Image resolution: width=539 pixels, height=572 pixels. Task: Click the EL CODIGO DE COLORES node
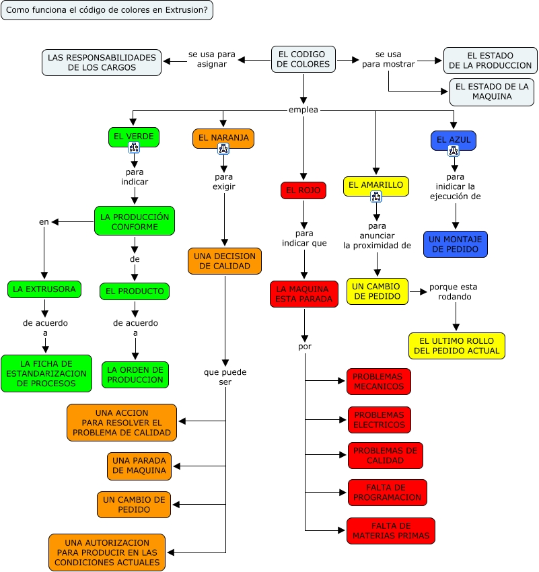point(303,59)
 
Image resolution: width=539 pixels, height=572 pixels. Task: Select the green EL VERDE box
point(134,137)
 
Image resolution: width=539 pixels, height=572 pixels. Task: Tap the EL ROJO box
point(303,190)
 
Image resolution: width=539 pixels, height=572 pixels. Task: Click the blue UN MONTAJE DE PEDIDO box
point(456,244)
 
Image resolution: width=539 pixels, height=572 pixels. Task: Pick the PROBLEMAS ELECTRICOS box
point(380,420)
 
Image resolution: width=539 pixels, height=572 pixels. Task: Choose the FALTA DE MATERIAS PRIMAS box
point(391,531)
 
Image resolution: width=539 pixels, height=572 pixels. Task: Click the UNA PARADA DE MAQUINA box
point(139,466)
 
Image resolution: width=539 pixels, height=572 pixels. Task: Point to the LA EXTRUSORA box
point(44,289)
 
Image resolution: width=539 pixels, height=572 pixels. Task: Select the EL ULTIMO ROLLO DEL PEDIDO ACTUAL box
point(457,346)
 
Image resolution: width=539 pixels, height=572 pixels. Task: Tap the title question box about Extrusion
point(107,10)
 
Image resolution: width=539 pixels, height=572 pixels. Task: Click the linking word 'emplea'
point(303,110)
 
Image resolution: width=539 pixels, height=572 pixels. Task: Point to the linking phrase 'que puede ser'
point(225,377)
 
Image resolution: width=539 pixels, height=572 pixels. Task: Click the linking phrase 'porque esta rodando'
point(454,292)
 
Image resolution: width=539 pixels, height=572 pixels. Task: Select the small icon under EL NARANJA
point(223,149)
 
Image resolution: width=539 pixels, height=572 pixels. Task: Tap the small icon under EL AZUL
point(454,151)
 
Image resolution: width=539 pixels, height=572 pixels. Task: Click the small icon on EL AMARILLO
point(376,196)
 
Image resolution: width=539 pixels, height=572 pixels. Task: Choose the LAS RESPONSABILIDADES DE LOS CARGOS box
point(102,63)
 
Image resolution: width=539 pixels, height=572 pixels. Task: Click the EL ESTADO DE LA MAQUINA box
point(492,92)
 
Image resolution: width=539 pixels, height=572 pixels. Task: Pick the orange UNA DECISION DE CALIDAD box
point(225,261)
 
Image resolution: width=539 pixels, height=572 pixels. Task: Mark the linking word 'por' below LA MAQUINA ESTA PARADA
point(305,346)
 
